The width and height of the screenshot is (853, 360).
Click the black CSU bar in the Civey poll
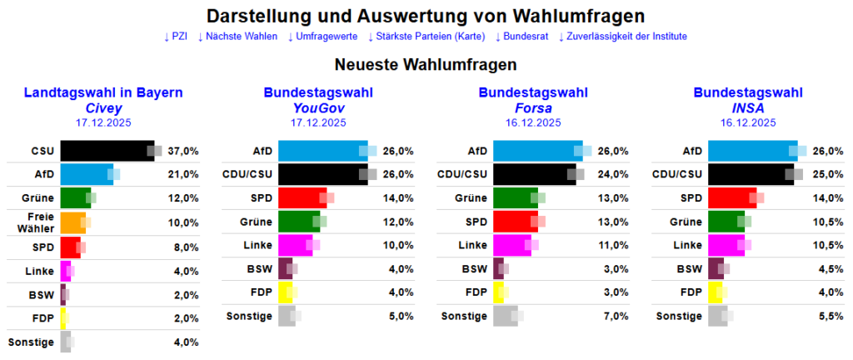tap(107, 151)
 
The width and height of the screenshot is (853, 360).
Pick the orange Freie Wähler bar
tap(72, 222)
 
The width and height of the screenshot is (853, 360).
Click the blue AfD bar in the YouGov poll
tap(322, 151)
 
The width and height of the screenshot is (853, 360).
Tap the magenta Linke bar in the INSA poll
tap(726, 245)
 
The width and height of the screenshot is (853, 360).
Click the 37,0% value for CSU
tap(183, 151)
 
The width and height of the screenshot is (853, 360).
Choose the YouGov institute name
tap(318, 107)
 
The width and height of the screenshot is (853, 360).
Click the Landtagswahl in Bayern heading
tap(103, 92)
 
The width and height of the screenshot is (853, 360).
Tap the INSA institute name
tap(748, 107)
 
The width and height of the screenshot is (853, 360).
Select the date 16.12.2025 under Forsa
tap(533, 122)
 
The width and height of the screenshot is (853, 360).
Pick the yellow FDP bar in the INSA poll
tap(715, 292)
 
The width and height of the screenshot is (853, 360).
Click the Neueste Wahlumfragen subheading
tap(426, 64)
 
